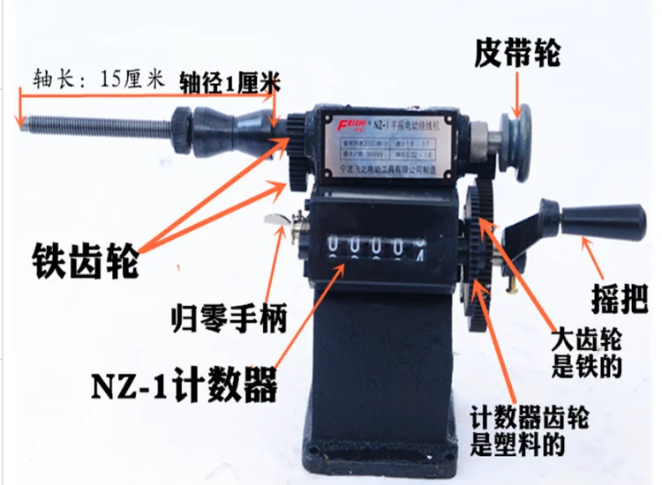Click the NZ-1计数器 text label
click(x=182, y=384)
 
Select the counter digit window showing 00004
click(x=374, y=246)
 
